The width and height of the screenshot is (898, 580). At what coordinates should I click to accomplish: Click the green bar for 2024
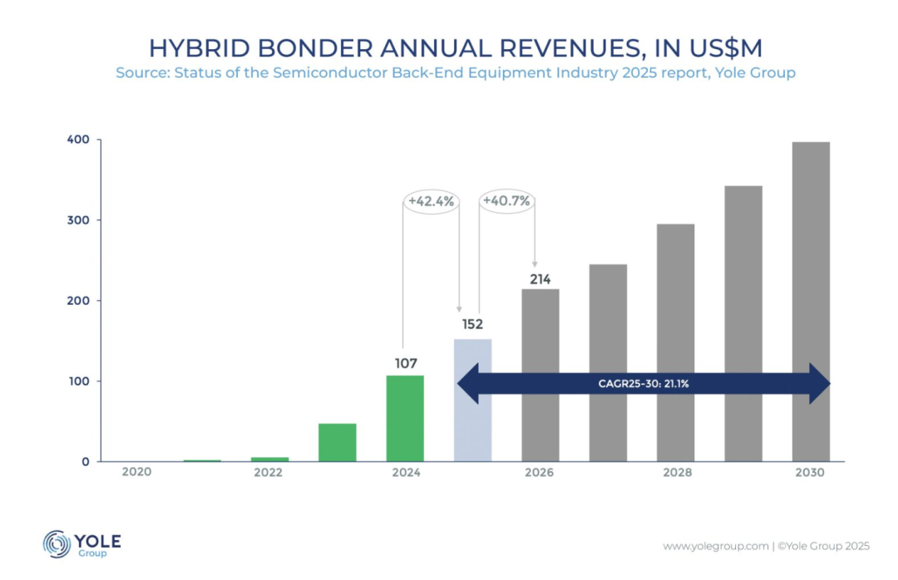[x=405, y=418]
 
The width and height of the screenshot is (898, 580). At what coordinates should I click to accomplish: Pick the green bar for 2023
[x=337, y=442]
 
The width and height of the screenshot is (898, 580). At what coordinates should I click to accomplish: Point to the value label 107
[x=405, y=363]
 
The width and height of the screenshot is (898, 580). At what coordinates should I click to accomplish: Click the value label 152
[x=472, y=325]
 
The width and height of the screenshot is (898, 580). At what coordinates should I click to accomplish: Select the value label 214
[x=540, y=279]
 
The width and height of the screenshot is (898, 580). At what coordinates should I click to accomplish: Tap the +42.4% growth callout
[x=432, y=201]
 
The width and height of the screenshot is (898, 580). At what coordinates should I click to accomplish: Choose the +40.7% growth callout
[x=507, y=201]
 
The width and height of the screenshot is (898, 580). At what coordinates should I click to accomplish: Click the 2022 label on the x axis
[x=269, y=473]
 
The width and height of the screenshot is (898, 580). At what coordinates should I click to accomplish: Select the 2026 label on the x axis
[x=540, y=473]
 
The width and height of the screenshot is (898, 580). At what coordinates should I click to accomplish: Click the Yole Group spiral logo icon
[x=57, y=543]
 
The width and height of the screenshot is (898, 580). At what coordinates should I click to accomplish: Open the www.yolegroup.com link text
[x=715, y=546]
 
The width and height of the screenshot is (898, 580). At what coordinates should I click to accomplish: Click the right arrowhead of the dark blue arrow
[x=820, y=384]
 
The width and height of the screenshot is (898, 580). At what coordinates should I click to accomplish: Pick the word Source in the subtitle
[x=140, y=73]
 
